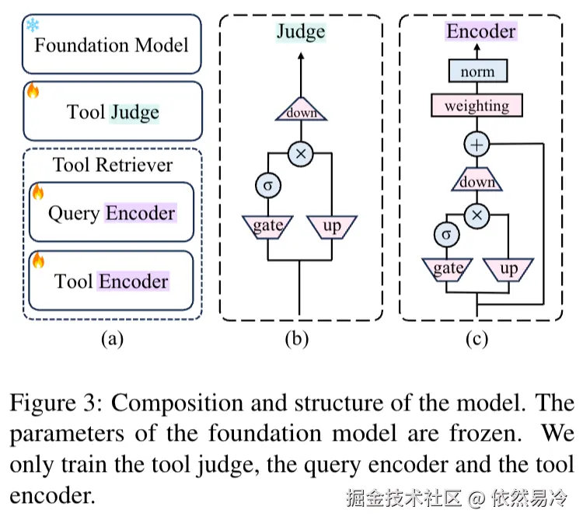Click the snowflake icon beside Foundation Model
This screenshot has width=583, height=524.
33,26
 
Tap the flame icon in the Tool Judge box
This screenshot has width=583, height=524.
33,91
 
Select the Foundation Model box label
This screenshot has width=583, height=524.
111,44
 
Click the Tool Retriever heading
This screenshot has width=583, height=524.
113,165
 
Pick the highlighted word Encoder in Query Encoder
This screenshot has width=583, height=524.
141,212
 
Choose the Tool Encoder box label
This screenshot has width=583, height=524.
111,281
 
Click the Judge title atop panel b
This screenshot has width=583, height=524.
301,32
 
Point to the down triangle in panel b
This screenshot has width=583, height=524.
301,113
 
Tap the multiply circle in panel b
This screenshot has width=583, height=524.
301,154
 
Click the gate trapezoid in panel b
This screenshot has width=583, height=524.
267,226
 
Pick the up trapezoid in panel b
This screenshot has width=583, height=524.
332,226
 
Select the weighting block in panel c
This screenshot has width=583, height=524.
477,105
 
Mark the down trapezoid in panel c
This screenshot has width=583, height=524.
476,182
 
